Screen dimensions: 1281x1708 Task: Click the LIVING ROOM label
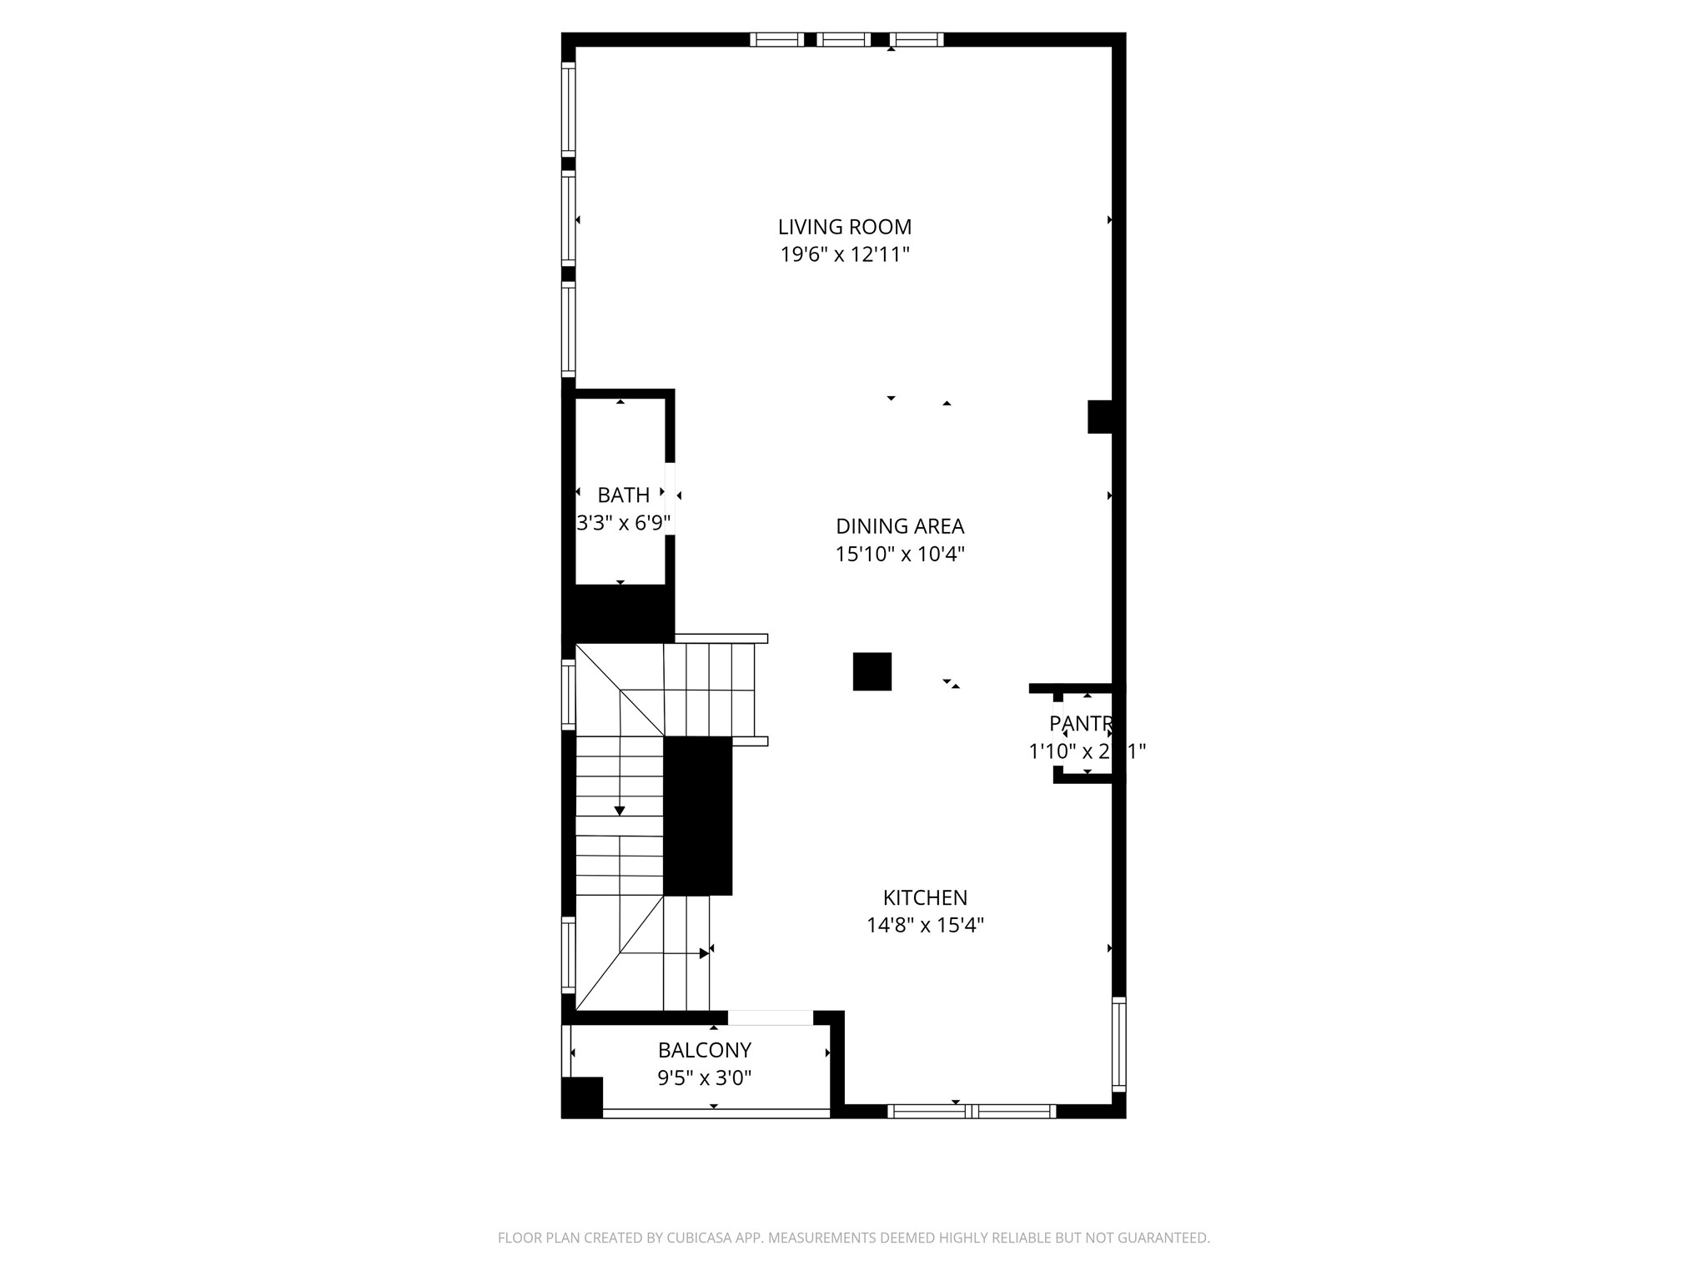[844, 227]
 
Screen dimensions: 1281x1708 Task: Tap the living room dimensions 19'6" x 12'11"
[844, 254]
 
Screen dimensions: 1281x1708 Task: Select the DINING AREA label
[900, 526]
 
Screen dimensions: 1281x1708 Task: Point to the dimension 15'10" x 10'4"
[900, 554]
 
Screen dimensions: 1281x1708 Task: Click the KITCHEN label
[925, 897]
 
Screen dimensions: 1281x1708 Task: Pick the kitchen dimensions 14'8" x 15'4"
[925, 925]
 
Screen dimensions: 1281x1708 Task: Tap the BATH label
[623, 495]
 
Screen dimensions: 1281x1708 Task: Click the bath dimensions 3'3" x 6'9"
[623, 523]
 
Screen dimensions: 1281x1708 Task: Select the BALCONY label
[705, 1050]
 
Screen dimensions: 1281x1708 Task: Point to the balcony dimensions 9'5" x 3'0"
[705, 1078]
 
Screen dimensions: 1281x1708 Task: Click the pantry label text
[1081, 723]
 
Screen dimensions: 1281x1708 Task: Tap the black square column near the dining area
[872, 671]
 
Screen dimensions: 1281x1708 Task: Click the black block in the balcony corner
[581, 1097]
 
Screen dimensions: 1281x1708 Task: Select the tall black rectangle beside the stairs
[697, 816]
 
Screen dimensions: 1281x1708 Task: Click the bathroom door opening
[670, 498]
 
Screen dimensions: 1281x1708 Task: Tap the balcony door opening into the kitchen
[770, 1017]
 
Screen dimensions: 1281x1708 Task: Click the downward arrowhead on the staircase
[620, 811]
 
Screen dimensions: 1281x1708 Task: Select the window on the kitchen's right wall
[1119, 1044]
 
